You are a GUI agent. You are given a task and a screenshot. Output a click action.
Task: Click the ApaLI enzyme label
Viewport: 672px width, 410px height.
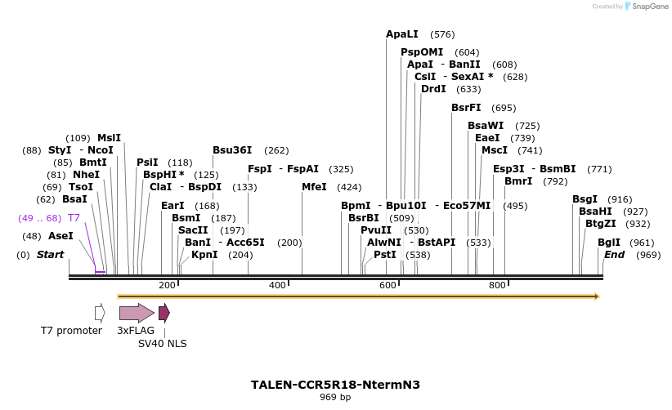(x=401, y=34)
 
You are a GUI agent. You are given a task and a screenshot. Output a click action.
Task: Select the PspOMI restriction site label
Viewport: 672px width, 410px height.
(x=422, y=51)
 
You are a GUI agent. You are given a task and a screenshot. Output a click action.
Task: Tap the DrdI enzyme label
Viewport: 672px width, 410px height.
(x=433, y=89)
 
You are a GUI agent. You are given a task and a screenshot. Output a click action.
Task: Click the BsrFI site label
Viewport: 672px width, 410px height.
(x=466, y=108)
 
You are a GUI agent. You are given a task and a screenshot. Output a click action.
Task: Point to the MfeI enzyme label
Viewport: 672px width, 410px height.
(x=314, y=187)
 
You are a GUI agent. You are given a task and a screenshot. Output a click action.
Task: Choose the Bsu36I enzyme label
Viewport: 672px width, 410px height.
(x=232, y=150)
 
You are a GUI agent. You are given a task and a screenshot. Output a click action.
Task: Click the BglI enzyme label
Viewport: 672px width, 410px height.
(x=609, y=243)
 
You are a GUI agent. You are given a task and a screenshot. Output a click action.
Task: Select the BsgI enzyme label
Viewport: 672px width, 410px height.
(x=585, y=199)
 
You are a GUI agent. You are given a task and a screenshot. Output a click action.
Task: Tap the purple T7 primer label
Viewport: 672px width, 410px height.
(x=74, y=218)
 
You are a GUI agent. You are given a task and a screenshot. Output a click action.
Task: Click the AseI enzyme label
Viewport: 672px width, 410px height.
(x=60, y=236)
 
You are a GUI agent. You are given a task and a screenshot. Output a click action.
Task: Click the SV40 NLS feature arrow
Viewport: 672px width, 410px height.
(x=164, y=313)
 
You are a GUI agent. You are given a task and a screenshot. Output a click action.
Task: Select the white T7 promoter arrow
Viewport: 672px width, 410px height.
(x=100, y=313)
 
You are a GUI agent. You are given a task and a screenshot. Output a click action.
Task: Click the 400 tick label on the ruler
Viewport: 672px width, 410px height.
(x=277, y=285)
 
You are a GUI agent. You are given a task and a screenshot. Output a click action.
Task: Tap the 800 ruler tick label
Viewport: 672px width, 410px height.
(x=497, y=285)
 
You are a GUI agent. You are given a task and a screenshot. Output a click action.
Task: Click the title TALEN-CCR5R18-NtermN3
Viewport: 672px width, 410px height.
(x=335, y=384)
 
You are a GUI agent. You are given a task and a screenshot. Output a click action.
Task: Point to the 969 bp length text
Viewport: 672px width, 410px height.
(x=335, y=398)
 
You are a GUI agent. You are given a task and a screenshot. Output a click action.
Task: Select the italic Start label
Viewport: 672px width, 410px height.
(x=50, y=255)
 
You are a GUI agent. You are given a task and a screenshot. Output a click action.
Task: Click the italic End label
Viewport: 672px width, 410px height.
(x=614, y=255)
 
